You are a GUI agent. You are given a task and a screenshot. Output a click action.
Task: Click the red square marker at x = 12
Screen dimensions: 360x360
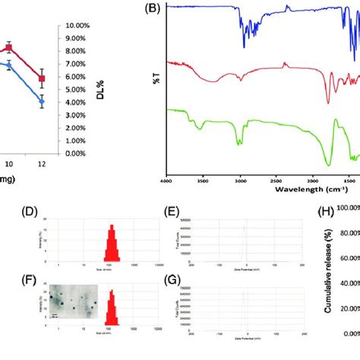43,78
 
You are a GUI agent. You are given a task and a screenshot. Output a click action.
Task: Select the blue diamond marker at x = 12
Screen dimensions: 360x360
43,101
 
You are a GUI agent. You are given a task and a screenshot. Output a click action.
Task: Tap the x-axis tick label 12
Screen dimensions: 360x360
43,164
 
